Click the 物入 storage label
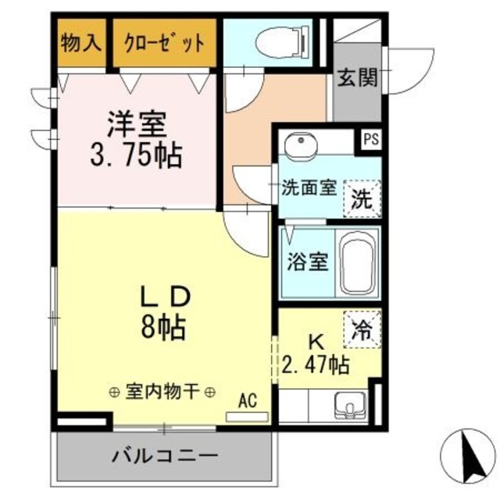81,41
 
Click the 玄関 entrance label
358,78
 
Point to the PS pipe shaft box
370,141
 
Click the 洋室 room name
137,123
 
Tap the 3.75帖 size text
137,155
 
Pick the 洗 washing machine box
362,197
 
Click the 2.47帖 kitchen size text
316,364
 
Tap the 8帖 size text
163,328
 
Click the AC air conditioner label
248,401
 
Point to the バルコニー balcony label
163,456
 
